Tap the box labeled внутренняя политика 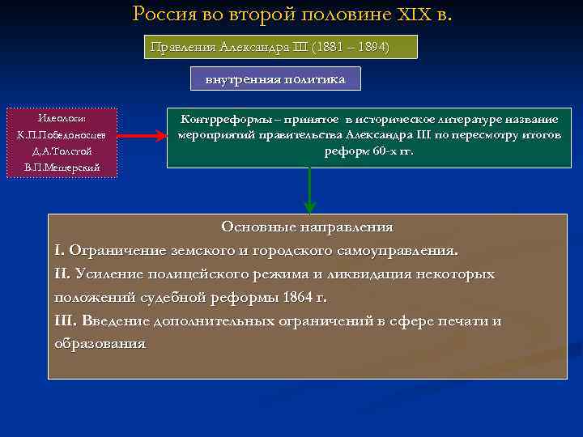[x=275, y=78]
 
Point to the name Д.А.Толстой [x=62, y=151]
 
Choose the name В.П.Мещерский [x=62, y=168]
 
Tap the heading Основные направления [x=307, y=227]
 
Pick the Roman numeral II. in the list [x=62, y=274]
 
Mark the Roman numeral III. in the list [x=65, y=320]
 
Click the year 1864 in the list [x=298, y=297]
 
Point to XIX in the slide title [x=417, y=14]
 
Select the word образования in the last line [x=100, y=343]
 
